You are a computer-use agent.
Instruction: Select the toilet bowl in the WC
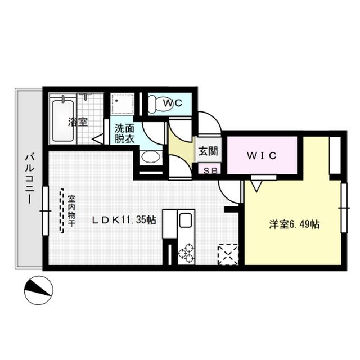158,103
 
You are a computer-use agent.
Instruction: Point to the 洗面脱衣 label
125,133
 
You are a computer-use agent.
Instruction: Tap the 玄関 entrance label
207,151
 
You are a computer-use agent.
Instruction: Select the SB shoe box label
208,170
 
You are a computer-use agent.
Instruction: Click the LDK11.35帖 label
124,220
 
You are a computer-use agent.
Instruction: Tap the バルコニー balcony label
29,179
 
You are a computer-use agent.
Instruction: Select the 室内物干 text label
72,210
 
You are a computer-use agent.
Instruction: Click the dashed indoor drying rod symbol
62,210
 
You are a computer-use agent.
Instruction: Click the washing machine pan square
121,105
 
